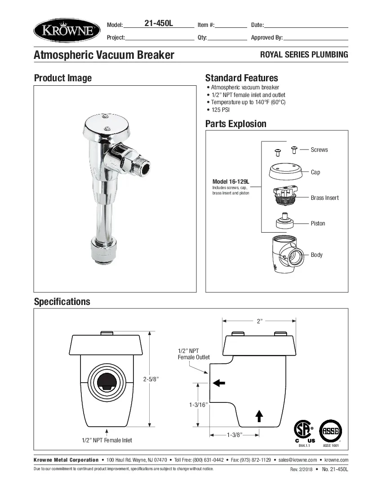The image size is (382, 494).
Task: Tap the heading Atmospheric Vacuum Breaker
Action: pyautogui.click(x=104, y=55)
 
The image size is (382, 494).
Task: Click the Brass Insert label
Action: pyautogui.click(x=324, y=198)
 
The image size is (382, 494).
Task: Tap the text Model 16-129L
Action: pyautogui.click(x=231, y=181)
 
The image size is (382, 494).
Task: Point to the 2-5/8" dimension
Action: pyautogui.click(x=151, y=379)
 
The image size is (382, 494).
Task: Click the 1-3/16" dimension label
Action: pyautogui.click(x=198, y=405)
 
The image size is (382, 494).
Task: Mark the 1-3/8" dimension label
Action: pyautogui.click(x=235, y=434)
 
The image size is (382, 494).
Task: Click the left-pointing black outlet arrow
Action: pyautogui.click(x=219, y=383)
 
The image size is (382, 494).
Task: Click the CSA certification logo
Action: pyautogui.click(x=304, y=431)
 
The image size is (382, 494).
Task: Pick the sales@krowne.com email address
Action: pyautogui.click(x=298, y=460)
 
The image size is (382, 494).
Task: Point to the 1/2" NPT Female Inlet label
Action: pyautogui.click(x=107, y=440)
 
